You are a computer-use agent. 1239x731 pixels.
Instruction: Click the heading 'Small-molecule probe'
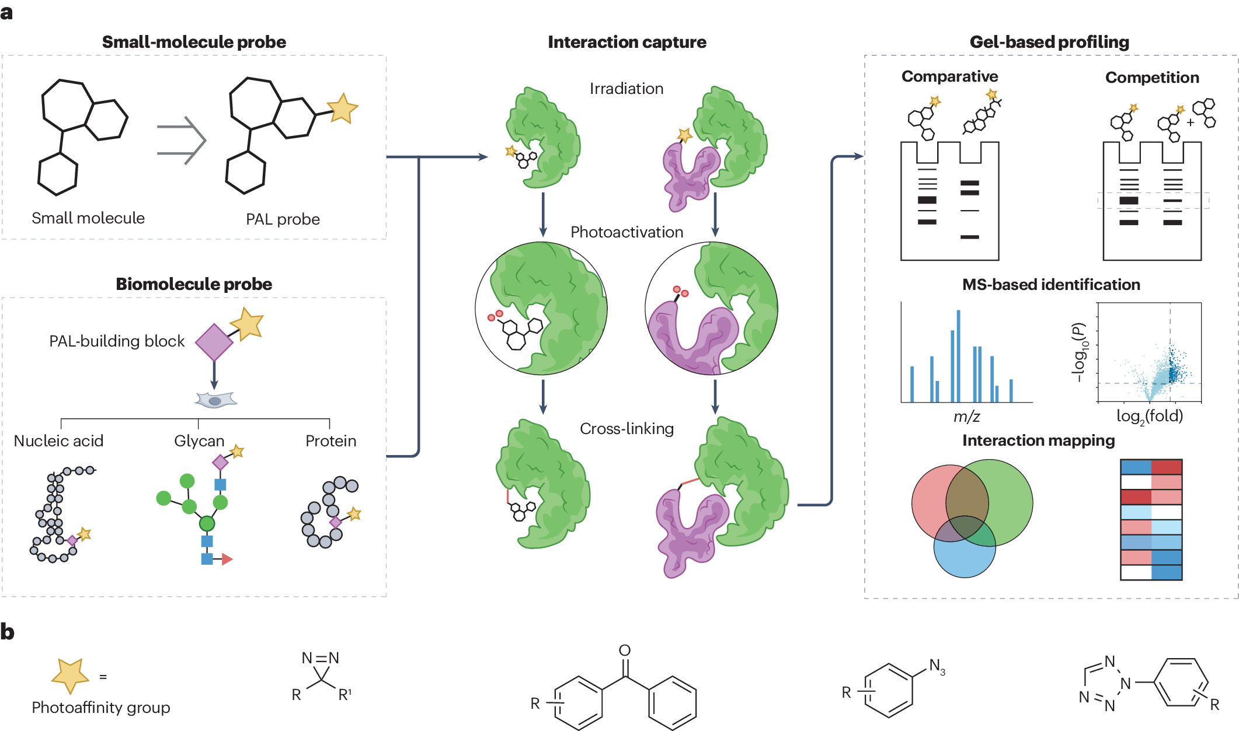pos(194,42)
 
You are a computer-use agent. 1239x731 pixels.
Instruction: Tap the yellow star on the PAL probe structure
pos(342,109)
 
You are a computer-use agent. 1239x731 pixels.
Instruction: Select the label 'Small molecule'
pos(88,218)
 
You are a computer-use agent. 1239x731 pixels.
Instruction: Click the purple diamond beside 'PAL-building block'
pos(214,342)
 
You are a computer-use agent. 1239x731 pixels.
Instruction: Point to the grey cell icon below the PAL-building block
pos(215,400)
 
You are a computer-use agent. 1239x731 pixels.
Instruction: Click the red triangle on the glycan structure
pos(227,559)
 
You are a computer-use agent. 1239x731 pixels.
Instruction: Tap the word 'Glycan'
pos(199,441)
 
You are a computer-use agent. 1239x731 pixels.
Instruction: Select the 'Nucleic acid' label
pos(58,441)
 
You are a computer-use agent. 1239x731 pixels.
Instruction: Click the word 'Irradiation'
pos(627,89)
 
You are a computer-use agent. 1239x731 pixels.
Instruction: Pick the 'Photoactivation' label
pos(627,232)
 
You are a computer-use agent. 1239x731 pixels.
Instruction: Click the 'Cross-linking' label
pos(627,429)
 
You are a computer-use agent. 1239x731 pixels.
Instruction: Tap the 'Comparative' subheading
pos(949,76)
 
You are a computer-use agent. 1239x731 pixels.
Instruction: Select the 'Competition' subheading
pos(1151,78)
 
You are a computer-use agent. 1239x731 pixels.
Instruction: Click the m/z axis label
pos(966,417)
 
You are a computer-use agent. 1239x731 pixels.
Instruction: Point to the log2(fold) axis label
pos(1149,417)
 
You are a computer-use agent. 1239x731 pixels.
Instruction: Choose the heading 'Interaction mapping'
pos(1038,440)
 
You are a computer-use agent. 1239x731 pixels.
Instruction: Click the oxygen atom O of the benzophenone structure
pos(625,650)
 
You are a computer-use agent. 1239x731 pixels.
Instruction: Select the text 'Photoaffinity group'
pos(101,708)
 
